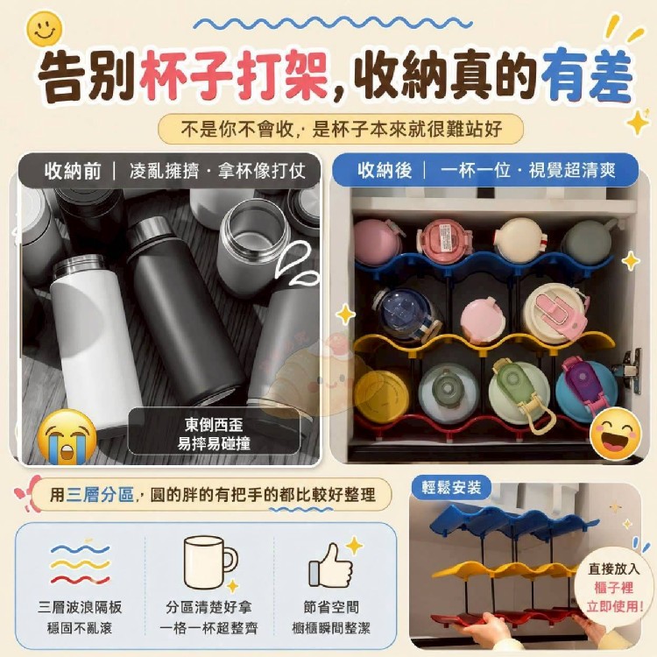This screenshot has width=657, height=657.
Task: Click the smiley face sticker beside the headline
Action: coord(45,28)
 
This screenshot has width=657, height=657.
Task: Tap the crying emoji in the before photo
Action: coord(67,437)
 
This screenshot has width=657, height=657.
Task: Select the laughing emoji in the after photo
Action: coord(615,433)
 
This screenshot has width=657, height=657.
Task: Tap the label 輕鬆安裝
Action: coord(451,487)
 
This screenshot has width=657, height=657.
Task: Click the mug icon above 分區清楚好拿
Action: coord(210,562)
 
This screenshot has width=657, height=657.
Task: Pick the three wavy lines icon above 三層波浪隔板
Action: coord(80,564)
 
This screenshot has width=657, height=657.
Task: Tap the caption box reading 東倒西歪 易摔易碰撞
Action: coord(214,434)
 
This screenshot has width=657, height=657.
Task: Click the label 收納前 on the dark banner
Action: coord(73,172)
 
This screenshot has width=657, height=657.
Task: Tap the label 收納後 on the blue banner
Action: coord(385,171)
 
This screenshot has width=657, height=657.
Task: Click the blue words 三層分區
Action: coord(100,494)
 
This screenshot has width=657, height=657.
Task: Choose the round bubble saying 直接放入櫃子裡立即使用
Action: coord(613,587)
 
